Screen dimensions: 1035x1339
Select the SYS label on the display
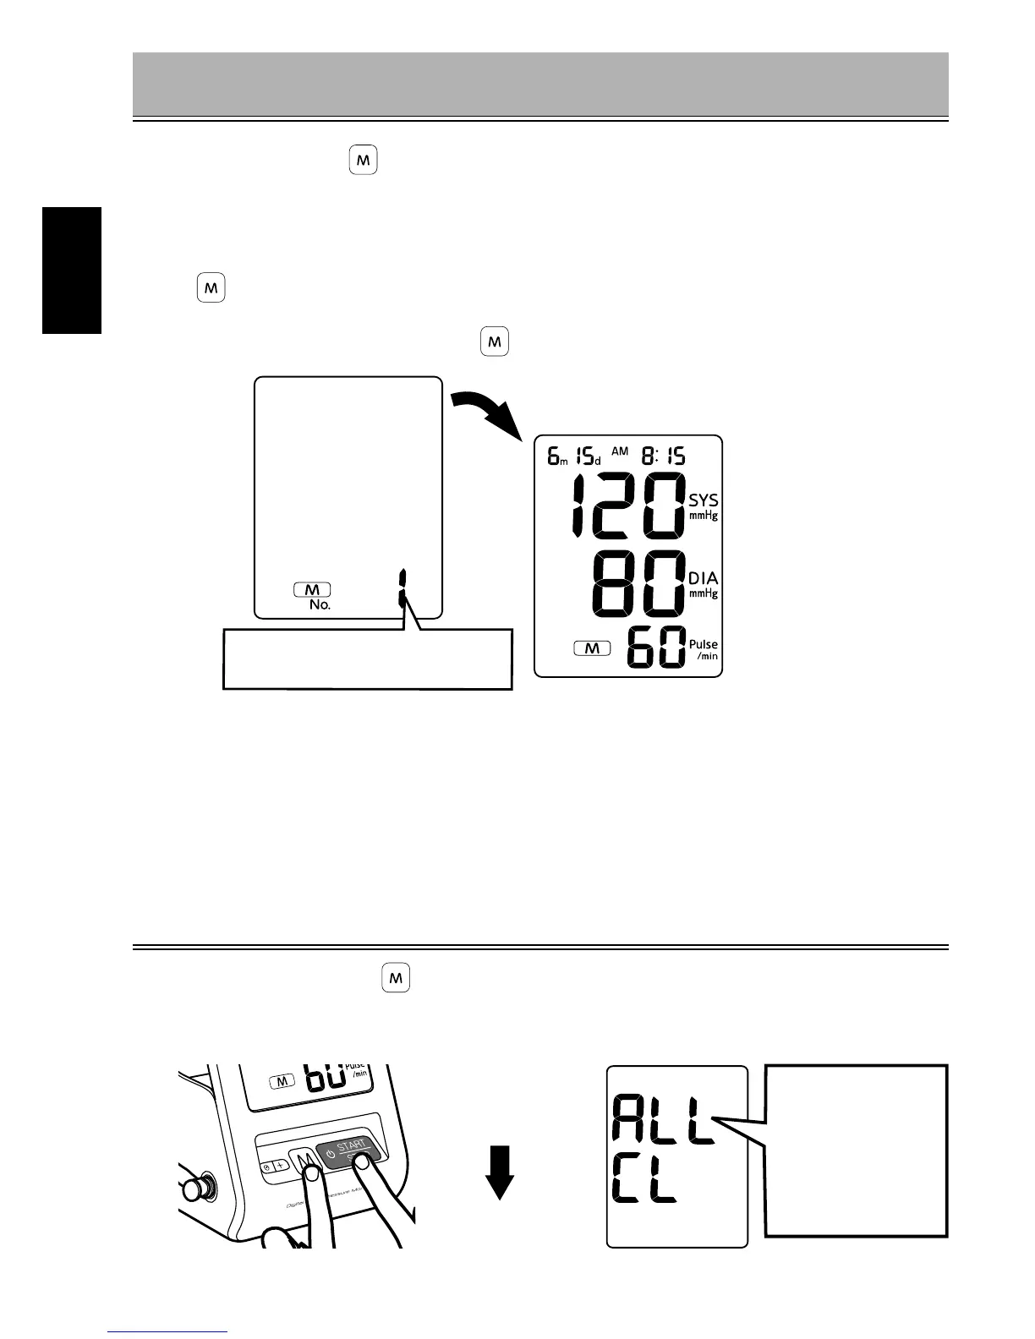click(703, 500)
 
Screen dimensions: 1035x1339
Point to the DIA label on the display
click(703, 578)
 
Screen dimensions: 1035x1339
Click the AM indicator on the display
click(620, 452)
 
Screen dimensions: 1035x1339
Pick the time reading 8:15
click(664, 457)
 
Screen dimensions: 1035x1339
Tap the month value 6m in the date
click(556, 457)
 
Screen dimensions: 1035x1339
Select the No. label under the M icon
click(319, 605)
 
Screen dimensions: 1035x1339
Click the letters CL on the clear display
click(644, 1185)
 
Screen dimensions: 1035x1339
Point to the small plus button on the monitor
click(281, 1162)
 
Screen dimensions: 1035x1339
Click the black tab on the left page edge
click(72, 271)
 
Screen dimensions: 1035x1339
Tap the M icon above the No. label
click(312, 589)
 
